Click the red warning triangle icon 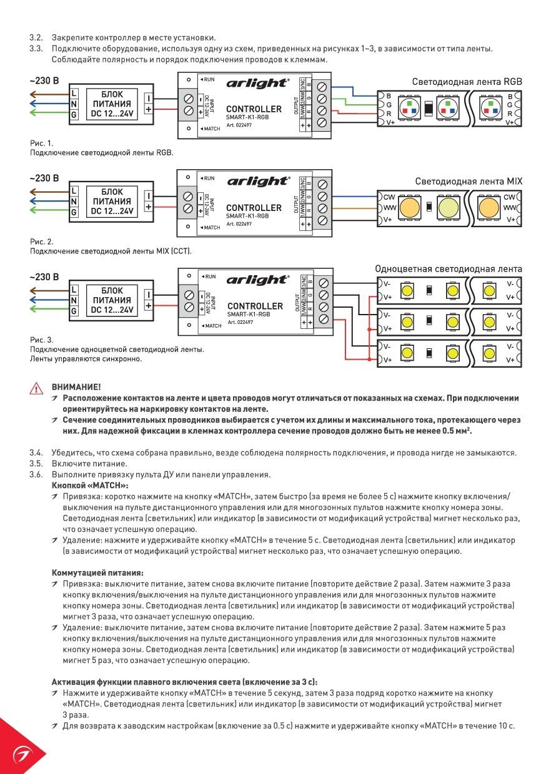pyautogui.click(x=36, y=389)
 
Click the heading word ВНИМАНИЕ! pyautogui.click(x=76, y=387)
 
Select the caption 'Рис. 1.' pyautogui.click(x=41, y=143)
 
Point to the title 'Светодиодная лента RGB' pyautogui.click(x=467, y=82)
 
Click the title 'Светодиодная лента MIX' pyautogui.click(x=469, y=182)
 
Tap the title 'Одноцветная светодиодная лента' pyautogui.click(x=449, y=269)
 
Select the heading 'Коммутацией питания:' pyautogui.click(x=97, y=573)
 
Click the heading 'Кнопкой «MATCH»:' pyautogui.click(x=90, y=486)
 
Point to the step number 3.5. pyautogui.click(x=36, y=464)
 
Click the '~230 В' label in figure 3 pyautogui.click(x=44, y=277)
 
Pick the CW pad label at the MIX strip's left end pyautogui.click(x=389, y=197)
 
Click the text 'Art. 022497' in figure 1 pyautogui.click(x=239, y=125)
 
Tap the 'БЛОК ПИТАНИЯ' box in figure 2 pyautogui.click(x=112, y=202)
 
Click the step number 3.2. pyautogui.click(x=36, y=37)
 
